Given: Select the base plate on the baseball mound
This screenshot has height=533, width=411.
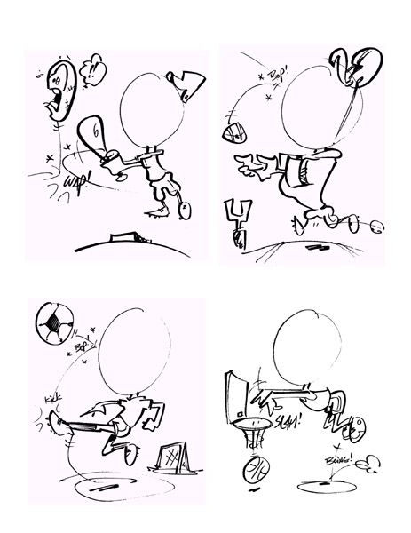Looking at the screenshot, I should pyautogui.click(x=122, y=236).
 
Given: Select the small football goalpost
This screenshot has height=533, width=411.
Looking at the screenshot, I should pyautogui.click(x=239, y=217).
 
